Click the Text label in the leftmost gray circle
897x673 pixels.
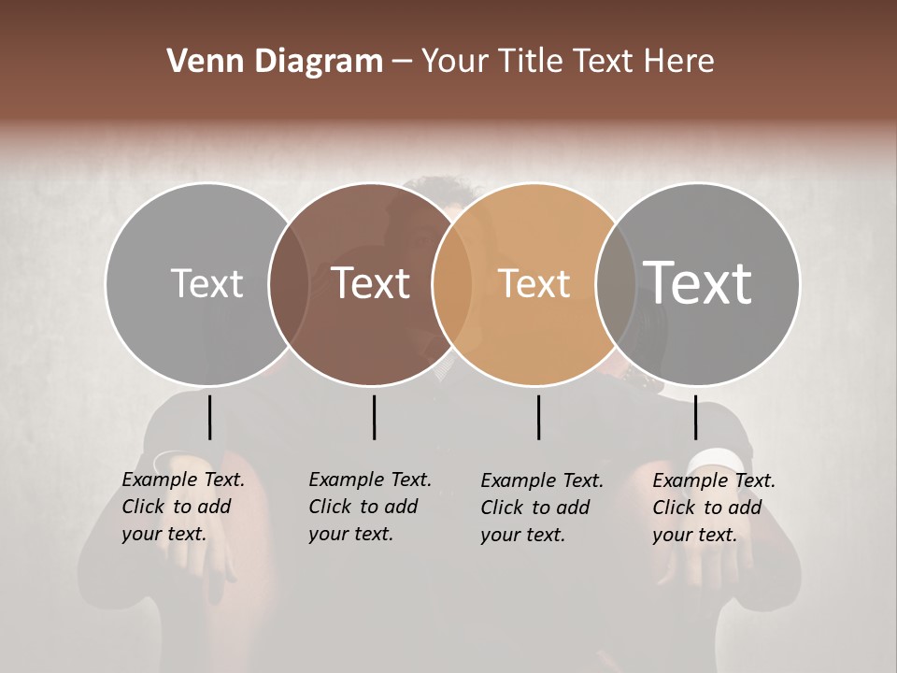[206, 283]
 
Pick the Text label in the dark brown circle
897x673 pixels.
[371, 283]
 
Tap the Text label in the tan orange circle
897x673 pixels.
[534, 283]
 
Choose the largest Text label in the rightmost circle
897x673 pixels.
[698, 282]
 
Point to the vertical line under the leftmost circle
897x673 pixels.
[209, 417]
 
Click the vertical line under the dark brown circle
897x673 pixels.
[374, 417]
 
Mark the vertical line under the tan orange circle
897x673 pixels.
[538, 417]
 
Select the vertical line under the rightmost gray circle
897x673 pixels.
[695, 417]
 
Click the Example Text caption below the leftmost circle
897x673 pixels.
[183, 507]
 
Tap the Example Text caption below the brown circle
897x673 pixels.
[370, 507]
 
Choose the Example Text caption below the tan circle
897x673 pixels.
[542, 508]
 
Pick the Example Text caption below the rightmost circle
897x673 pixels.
[714, 508]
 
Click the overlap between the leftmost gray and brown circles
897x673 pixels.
[289, 283]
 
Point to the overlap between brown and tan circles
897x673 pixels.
[452, 283]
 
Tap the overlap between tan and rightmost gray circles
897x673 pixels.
[616, 283]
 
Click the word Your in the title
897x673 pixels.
[455, 62]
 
